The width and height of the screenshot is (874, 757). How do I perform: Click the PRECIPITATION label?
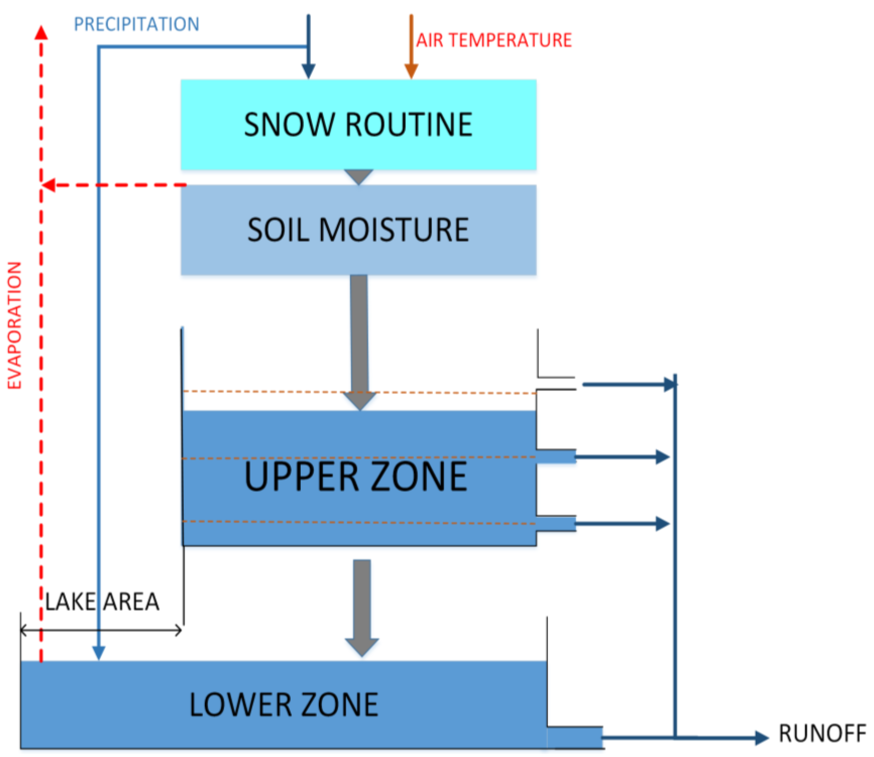point(136,24)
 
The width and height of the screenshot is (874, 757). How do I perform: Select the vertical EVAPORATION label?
point(15,325)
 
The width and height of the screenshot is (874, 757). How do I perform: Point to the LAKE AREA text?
point(102,602)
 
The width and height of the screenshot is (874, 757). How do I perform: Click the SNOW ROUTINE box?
point(359,125)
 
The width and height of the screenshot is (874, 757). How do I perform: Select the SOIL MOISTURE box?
point(359,230)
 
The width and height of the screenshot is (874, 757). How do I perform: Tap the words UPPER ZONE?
point(356,477)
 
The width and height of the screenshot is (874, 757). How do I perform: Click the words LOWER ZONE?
point(284,705)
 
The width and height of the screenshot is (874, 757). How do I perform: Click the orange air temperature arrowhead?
point(411,71)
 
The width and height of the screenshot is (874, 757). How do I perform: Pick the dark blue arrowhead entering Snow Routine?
point(308,71)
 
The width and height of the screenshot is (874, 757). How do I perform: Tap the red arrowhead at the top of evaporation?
point(41,32)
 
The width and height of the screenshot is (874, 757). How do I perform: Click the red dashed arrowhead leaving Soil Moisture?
point(49,185)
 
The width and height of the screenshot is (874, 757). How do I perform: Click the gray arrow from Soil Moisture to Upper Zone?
point(359,338)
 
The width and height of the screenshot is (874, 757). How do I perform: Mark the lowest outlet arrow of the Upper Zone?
point(621,524)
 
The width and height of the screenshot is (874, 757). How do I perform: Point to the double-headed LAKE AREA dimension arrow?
point(101,631)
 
